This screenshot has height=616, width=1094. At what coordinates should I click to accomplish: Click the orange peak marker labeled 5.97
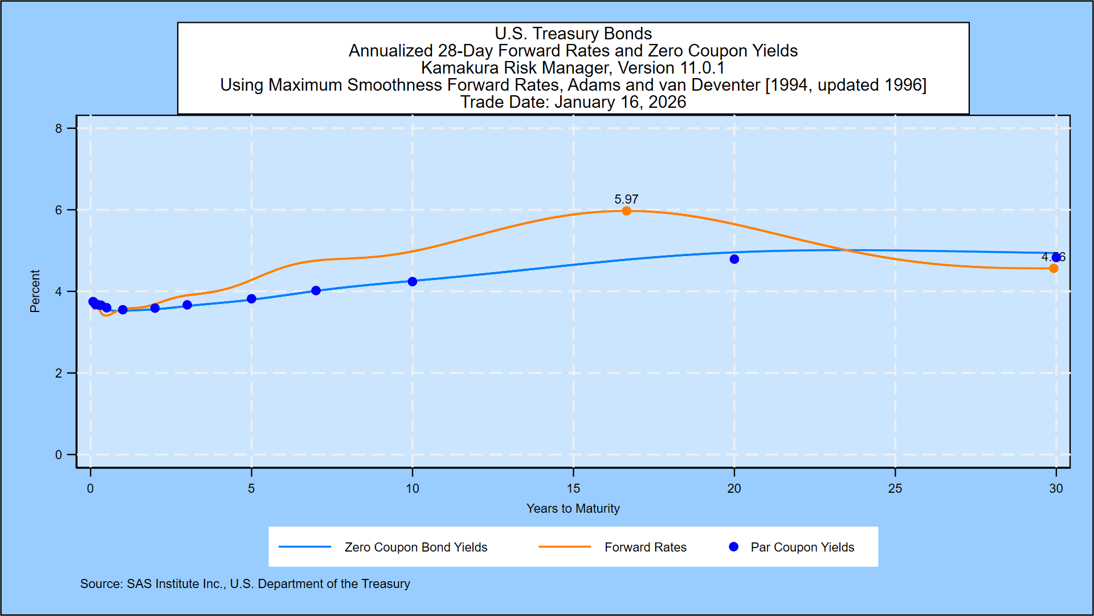[626, 211]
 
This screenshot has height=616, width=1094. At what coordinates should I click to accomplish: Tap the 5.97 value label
[626, 199]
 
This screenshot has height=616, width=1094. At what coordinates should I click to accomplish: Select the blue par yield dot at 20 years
[734, 259]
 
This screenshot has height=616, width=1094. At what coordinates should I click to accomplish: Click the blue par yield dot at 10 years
[413, 281]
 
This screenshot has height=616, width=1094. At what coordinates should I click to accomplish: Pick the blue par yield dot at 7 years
[316, 290]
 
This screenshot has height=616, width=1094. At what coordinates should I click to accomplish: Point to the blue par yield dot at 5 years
[251, 299]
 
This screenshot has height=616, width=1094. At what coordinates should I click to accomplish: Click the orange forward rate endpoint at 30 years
[1054, 268]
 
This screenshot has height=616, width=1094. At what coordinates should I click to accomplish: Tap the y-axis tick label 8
[59, 128]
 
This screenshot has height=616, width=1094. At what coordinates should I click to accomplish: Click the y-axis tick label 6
[59, 210]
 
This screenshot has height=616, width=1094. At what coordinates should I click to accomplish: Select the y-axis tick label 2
[59, 373]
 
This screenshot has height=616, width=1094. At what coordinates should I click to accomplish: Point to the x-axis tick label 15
[573, 488]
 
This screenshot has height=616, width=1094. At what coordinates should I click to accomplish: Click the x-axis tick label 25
[895, 488]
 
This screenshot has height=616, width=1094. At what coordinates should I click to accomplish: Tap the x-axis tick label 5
[251, 488]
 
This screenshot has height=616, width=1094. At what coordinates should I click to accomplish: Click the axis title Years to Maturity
[573, 508]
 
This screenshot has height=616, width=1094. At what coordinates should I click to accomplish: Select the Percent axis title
[35, 291]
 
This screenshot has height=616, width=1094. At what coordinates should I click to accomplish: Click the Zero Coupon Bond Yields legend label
[416, 547]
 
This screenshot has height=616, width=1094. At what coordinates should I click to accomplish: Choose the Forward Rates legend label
[646, 547]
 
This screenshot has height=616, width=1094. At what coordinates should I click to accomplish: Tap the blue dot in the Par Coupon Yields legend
[734, 547]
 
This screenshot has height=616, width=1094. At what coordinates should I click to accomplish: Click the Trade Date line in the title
[573, 102]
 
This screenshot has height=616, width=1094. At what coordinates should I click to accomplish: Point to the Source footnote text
[245, 583]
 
